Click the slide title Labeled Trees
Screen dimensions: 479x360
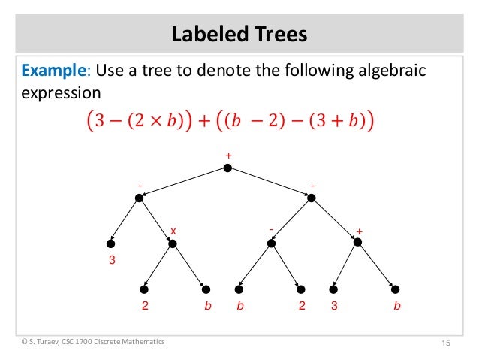[x=239, y=34]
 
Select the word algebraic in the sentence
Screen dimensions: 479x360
[x=382, y=71]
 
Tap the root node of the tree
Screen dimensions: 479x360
[x=227, y=168]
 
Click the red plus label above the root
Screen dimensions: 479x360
[x=227, y=156]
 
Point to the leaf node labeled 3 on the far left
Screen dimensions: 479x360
[x=110, y=243]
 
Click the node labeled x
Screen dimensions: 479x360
[x=172, y=243]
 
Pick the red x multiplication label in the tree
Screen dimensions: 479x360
[x=173, y=231]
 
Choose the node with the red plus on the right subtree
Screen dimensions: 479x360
[x=357, y=242]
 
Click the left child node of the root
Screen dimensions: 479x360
[x=140, y=198]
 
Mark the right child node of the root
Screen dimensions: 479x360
[x=311, y=198]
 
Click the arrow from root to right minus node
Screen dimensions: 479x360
[x=269, y=183]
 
